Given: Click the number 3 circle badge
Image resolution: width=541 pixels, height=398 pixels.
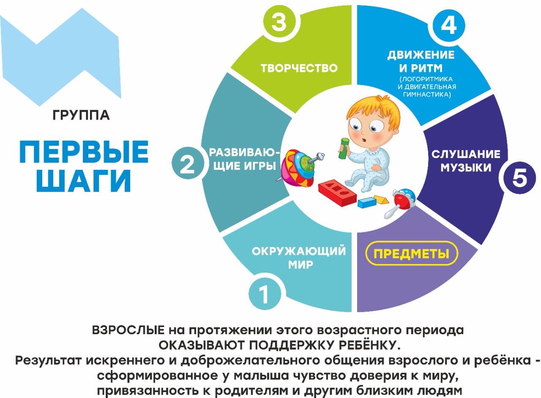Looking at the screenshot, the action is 279,22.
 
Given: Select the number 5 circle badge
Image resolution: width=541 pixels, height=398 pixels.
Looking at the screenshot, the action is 519,178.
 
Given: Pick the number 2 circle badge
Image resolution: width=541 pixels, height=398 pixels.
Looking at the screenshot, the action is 187,163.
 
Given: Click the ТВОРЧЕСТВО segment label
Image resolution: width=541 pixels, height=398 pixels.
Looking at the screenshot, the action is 299,68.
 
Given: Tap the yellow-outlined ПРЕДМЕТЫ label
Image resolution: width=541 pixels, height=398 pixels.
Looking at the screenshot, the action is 412,254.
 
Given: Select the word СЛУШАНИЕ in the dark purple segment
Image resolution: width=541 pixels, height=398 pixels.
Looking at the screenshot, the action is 466,154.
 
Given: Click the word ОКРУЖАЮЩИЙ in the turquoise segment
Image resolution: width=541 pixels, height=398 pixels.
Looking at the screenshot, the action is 299,251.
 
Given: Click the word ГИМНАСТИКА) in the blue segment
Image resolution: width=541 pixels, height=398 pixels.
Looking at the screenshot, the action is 427,94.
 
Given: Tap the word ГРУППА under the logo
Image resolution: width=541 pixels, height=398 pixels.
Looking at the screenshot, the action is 81,115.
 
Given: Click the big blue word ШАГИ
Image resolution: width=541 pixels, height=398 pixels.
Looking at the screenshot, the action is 84,181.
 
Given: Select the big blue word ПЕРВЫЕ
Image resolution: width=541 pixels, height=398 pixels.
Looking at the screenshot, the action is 84,151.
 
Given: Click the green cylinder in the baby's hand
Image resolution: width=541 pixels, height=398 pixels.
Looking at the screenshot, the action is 344,148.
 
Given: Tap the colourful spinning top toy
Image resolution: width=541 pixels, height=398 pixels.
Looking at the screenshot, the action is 300,168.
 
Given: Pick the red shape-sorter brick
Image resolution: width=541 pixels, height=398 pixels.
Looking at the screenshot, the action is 337,193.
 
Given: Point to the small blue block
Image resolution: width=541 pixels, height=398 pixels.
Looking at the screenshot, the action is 367,202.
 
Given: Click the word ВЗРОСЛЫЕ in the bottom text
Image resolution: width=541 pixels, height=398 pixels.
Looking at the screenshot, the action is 128,330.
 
